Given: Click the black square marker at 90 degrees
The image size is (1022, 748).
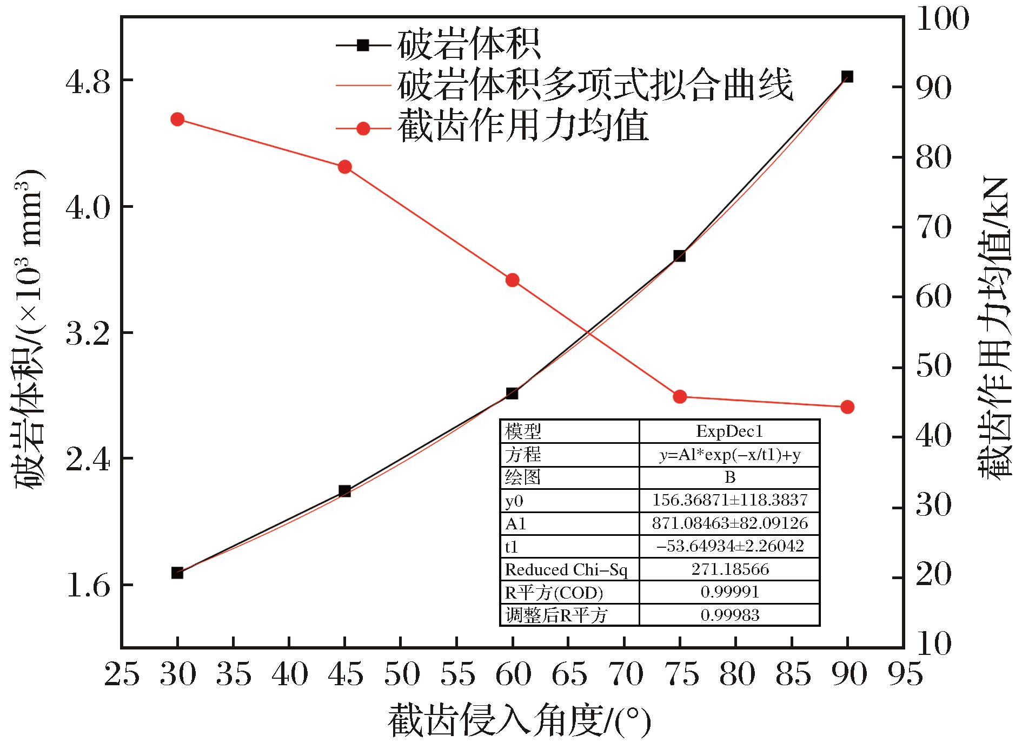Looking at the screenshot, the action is coord(847,77).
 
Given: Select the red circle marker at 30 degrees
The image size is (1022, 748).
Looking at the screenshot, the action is coord(177,120).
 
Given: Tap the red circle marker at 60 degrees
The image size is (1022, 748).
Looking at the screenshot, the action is coord(513,280).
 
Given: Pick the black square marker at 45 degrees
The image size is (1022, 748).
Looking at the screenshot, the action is coord(345,491).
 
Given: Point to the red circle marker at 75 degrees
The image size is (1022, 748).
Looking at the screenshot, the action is coord(680,397).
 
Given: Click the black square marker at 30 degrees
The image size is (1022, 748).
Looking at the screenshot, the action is coord(177,573).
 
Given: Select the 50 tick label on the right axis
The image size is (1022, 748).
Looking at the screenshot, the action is coord(933,367).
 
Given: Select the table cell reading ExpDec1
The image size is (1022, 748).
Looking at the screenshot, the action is coord(729,431).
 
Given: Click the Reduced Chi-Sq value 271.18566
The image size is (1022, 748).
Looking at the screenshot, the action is coord(730,569).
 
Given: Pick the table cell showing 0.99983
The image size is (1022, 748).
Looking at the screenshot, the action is coord(730,615).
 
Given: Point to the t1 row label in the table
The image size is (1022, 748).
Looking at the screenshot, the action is coord(512,547).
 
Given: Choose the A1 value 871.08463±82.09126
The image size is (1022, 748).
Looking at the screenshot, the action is coord(730,523).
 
